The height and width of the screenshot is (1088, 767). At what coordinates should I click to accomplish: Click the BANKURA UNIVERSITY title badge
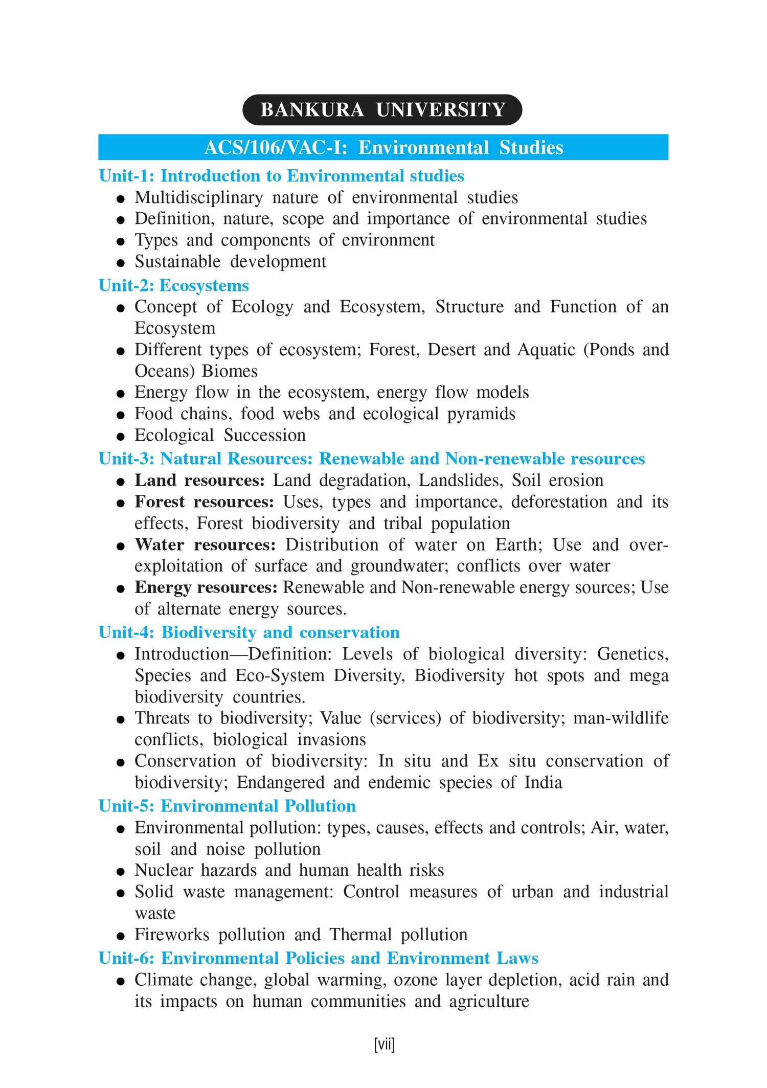click(x=382, y=110)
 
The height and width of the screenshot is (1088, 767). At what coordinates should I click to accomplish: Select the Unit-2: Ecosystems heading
click(x=174, y=285)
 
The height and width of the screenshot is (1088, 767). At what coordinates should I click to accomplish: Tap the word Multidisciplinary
click(x=198, y=197)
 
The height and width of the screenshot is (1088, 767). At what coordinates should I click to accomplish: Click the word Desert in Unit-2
click(x=450, y=350)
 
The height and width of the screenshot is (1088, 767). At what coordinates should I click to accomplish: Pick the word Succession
click(x=264, y=435)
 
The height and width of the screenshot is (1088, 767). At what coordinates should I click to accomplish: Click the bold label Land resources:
click(x=199, y=481)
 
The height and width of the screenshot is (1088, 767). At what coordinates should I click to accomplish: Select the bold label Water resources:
click(x=205, y=545)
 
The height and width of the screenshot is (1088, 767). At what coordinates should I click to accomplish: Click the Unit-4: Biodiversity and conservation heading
click(x=249, y=632)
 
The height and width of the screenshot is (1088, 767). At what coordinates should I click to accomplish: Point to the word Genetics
click(x=633, y=654)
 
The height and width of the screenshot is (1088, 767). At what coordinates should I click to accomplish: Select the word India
click(x=544, y=783)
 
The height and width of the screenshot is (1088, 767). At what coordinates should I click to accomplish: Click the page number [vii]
click(x=384, y=1045)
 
